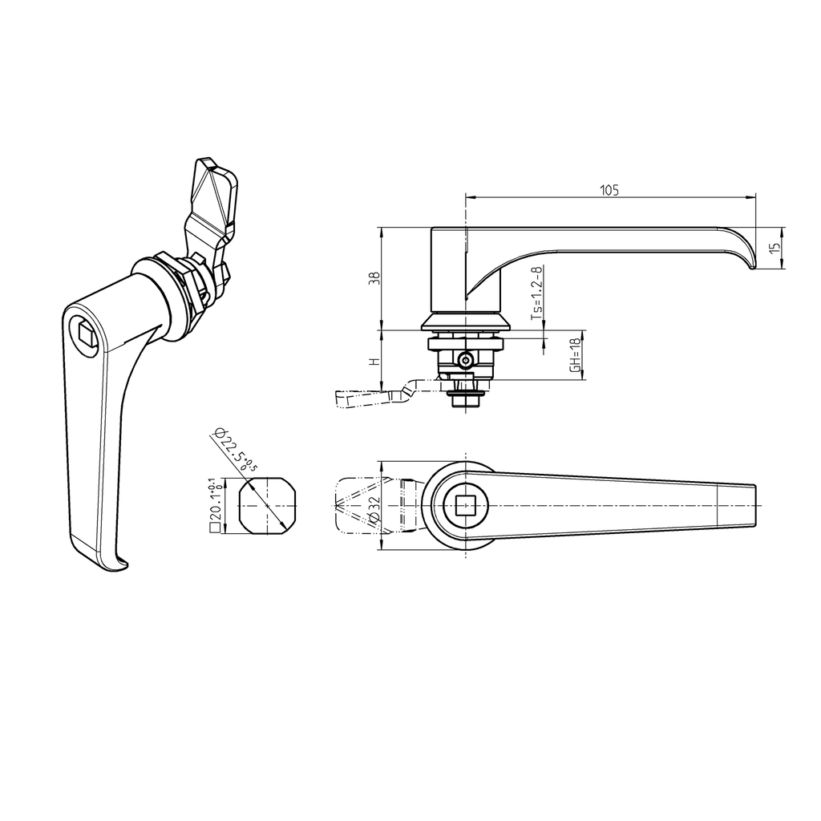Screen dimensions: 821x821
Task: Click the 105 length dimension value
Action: pos(610,190)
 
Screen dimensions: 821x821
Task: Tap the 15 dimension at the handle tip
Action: pos(774,249)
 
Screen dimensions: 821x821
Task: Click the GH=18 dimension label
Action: pos(574,354)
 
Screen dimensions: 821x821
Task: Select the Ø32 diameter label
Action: pos(372,508)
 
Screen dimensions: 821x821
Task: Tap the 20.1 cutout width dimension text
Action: pos(214,508)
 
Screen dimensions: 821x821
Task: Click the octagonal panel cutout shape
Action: pos(267,507)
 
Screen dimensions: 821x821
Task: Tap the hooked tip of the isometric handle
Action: pos(118,565)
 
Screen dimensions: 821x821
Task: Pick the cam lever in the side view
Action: pos(373,396)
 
